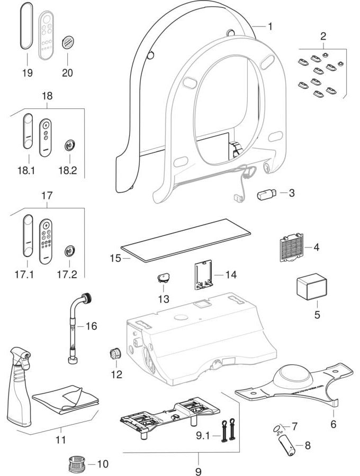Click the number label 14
tap(230, 275)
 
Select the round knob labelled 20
tap(67, 42)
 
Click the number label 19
tap(27, 72)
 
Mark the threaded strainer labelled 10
tap(77, 465)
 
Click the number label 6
tap(333, 424)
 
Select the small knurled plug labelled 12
tap(115, 353)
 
